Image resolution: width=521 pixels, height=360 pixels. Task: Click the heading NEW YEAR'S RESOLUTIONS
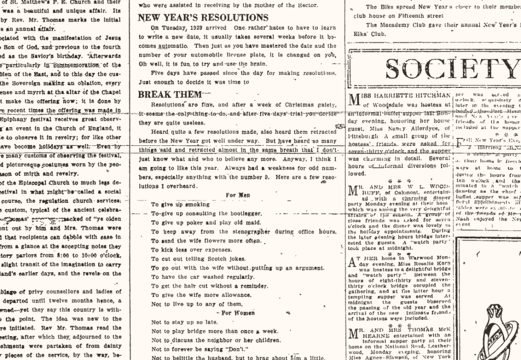click(x=203, y=17)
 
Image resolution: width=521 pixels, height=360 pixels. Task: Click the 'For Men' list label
click(x=238, y=195)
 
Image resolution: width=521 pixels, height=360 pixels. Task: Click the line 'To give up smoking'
click(x=173, y=204)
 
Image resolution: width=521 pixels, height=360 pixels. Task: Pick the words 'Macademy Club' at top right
click(x=400, y=25)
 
